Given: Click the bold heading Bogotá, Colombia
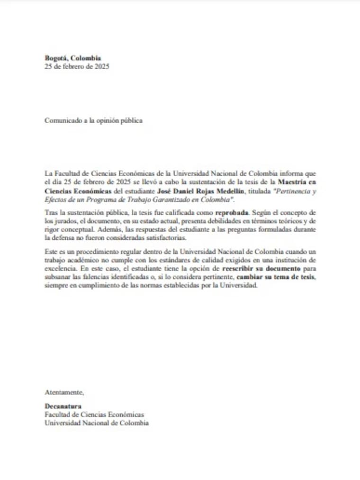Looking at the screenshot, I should pos(72,58).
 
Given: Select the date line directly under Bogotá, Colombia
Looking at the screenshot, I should pos(77,66).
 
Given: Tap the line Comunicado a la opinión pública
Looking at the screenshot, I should pos(93,120).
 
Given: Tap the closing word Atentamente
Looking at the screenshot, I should pos(64,392).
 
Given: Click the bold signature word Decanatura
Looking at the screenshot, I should pos(63,407).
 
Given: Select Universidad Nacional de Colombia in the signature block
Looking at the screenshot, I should pos(97,423).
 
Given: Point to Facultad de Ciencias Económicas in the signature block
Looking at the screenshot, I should pos(94,415).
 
